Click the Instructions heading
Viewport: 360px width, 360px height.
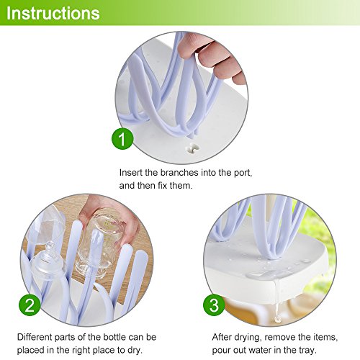(x=53, y=13)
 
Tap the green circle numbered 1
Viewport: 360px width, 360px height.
(x=122, y=139)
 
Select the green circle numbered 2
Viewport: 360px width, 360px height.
(x=30, y=305)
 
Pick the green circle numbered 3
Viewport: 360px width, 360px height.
(x=214, y=305)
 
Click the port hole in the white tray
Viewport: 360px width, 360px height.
(x=193, y=148)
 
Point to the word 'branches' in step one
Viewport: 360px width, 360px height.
(x=179, y=173)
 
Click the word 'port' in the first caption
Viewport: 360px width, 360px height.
(x=243, y=174)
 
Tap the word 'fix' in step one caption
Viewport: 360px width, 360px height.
(x=162, y=185)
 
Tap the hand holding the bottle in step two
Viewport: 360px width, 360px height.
(x=110, y=217)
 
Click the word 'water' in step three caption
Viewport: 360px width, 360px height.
(x=261, y=351)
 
